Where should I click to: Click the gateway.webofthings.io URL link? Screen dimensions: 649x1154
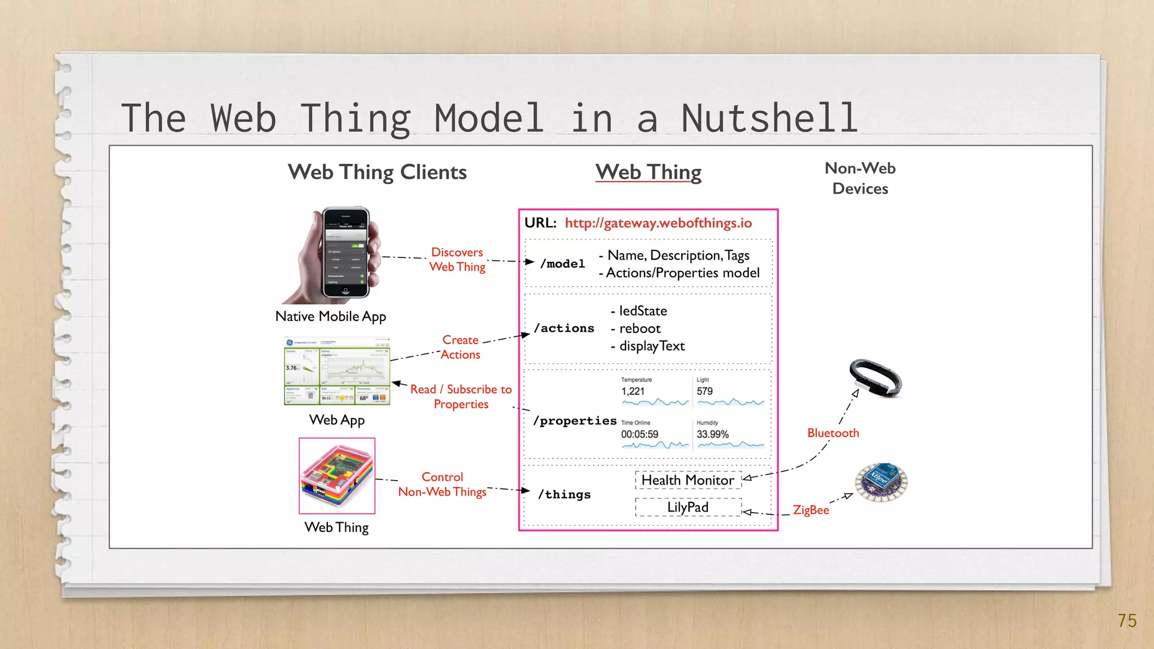(658, 223)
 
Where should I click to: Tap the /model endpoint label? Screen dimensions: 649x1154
(562, 264)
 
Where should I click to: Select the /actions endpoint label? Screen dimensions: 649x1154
(564, 328)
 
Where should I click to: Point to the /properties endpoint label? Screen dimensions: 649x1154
(575, 421)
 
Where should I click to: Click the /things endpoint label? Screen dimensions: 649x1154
(564, 495)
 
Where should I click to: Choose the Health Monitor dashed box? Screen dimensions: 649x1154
(688, 480)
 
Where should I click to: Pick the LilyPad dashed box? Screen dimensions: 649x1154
(688, 507)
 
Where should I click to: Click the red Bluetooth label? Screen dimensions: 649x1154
(833, 433)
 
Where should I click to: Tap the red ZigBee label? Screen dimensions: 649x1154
(811, 510)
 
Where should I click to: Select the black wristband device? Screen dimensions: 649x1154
(875, 377)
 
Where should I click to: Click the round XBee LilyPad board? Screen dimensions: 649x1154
(881, 482)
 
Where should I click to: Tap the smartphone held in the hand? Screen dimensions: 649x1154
(345, 253)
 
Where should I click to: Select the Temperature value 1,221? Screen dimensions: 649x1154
(633, 392)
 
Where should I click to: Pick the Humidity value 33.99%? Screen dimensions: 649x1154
(712, 434)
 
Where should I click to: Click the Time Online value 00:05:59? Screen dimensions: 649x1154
(640, 434)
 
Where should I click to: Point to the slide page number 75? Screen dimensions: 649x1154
(1127, 621)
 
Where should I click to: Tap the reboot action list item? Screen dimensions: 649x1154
(640, 328)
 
